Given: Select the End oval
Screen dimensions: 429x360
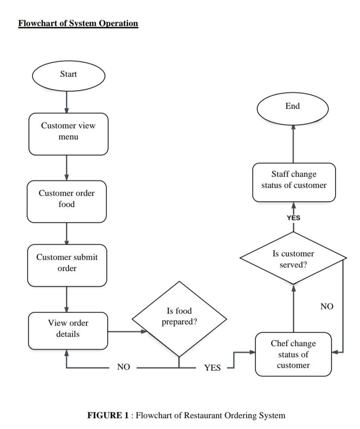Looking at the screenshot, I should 292,108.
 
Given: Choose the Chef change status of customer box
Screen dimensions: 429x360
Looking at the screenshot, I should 293,354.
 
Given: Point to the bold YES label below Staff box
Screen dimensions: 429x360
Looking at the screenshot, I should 293,218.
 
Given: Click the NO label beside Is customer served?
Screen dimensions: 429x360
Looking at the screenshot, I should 327,306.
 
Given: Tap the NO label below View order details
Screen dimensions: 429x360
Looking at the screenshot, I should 123,367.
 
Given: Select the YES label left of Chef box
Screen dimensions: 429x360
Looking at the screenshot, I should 212,368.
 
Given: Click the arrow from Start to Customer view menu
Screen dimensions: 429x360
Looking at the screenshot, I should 67,102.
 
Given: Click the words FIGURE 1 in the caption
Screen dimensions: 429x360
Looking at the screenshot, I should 109,416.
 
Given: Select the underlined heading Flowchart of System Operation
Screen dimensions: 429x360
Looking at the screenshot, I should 78,24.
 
